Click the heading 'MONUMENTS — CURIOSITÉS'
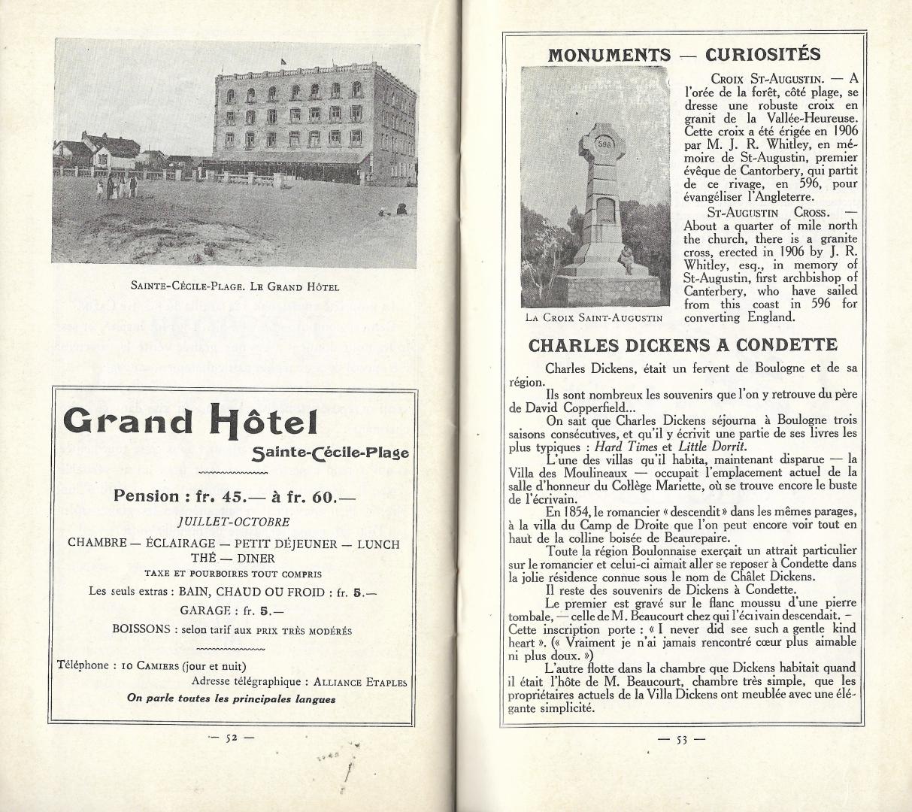tap(683, 54)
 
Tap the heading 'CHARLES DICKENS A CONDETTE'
tap(683, 346)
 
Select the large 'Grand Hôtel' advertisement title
tap(191, 421)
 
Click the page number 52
tap(232, 738)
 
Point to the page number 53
tap(681, 739)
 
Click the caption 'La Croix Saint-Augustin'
tap(594, 317)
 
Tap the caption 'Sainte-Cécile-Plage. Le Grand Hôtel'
tap(235, 286)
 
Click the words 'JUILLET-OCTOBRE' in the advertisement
tap(233, 521)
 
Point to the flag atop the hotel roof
tap(283, 59)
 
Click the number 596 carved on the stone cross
tap(604, 143)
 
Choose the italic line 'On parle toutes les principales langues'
tap(231, 698)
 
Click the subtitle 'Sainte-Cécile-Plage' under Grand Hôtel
tap(331, 453)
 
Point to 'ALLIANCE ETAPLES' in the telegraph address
tap(360, 682)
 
